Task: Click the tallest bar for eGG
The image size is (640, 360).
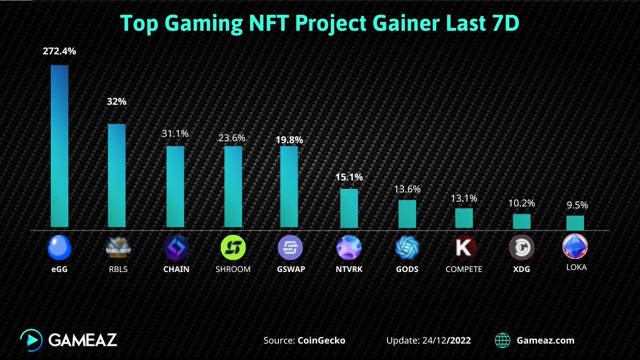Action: pos(59,147)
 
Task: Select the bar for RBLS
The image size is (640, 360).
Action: pos(117,175)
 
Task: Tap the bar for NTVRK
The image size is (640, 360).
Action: pos(349,208)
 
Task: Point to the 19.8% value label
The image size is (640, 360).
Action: pos(290,140)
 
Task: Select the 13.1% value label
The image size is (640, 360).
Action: pos(463,198)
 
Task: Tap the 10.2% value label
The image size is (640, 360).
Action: pos(521,203)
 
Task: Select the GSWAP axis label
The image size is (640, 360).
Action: pos(290,269)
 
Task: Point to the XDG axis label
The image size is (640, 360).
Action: pos(521,269)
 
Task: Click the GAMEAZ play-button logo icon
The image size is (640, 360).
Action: pos(31,340)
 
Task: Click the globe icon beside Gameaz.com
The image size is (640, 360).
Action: pos(502,340)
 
